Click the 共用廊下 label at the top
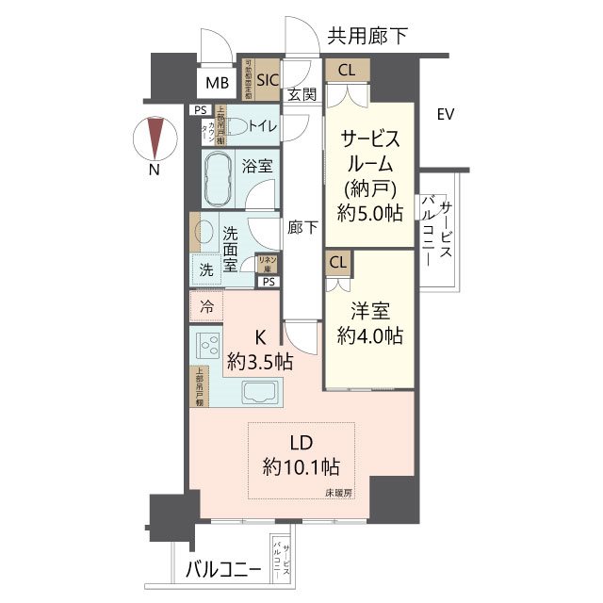[367, 37]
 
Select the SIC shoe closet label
[268, 80]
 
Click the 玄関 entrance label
[301, 95]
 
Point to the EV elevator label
[446, 115]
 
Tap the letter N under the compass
[154, 171]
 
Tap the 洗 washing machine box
[206, 269]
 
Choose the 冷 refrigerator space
[206, 306]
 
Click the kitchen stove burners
[206, 346]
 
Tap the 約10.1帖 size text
[301, 465]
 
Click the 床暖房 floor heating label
[339, 493]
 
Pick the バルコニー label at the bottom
[222, 568]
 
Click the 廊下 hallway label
[302, 227]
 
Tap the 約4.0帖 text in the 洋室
[372, 334]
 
